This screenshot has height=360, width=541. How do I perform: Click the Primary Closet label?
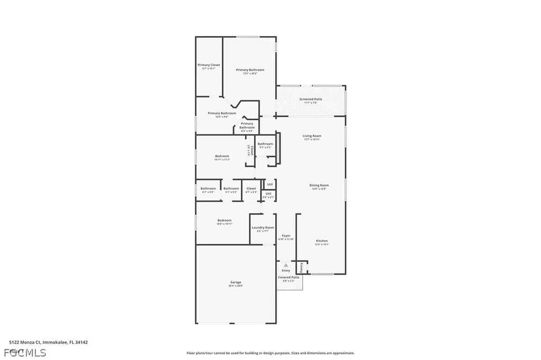click(209, 65)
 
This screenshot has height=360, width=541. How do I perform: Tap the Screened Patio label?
click(311, 99)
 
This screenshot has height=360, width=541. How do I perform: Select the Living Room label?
click(312, 136)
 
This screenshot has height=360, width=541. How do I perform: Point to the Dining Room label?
click(319, 185)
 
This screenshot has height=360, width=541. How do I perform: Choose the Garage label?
click(236, 282)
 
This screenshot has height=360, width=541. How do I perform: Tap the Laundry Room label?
click(263, 228)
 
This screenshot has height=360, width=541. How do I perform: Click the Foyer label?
click(286, 235)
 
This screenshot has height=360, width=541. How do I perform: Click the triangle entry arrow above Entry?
click(286, 265)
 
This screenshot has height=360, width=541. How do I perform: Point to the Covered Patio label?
click(288, 277)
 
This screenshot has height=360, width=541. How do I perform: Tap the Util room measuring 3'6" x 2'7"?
click(268, 194)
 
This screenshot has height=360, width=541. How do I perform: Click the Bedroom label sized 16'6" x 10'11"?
click(224, 221)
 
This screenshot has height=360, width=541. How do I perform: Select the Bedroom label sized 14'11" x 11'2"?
click(222, 156)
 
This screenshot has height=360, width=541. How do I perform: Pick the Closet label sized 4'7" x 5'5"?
click(251, 188)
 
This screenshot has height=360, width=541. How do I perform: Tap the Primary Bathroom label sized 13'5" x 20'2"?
click(250, 70)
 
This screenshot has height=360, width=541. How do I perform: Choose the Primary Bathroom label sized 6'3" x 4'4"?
click(247, 126)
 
